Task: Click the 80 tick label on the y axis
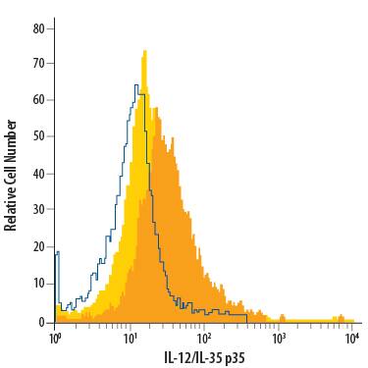[38, 28]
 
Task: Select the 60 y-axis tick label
[38, 100]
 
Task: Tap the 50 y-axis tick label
[38, 136]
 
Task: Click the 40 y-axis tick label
[38, 173]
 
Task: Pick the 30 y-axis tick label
[38, 209]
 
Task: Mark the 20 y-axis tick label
[38, 246]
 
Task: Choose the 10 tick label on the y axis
[38, 283]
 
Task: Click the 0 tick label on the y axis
[41, 320]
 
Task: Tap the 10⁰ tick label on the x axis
[55, 338]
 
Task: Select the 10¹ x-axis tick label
[130, 338]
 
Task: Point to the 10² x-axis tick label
[204, 338]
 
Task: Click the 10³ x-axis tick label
[279, 338]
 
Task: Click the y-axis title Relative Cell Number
[11, 175]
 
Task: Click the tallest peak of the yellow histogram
[144, 51]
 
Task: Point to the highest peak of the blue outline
[134, 85]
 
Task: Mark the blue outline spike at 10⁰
[58, 253]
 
